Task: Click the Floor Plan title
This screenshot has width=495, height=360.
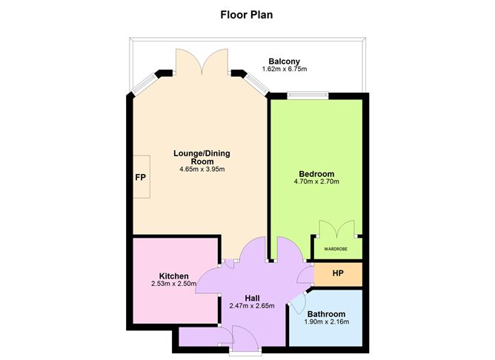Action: pos(247,13)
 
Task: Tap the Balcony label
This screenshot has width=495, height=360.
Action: pos(285,61)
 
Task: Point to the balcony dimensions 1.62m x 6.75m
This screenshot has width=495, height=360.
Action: pos(285,70)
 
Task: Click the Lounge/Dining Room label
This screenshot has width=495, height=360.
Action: pos(202,157)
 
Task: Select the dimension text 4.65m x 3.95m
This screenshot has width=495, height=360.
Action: pos(202,170)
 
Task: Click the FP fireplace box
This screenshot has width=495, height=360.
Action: pos(140,178)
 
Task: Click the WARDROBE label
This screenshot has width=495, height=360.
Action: pos(336,248)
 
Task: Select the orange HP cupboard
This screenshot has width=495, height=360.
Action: pos(338,273)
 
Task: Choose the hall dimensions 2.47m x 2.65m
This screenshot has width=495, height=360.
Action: pos(252,306)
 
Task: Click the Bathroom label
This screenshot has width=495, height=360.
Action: pos(326,313)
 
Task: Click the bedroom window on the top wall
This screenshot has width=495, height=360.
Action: pos(308,94)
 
